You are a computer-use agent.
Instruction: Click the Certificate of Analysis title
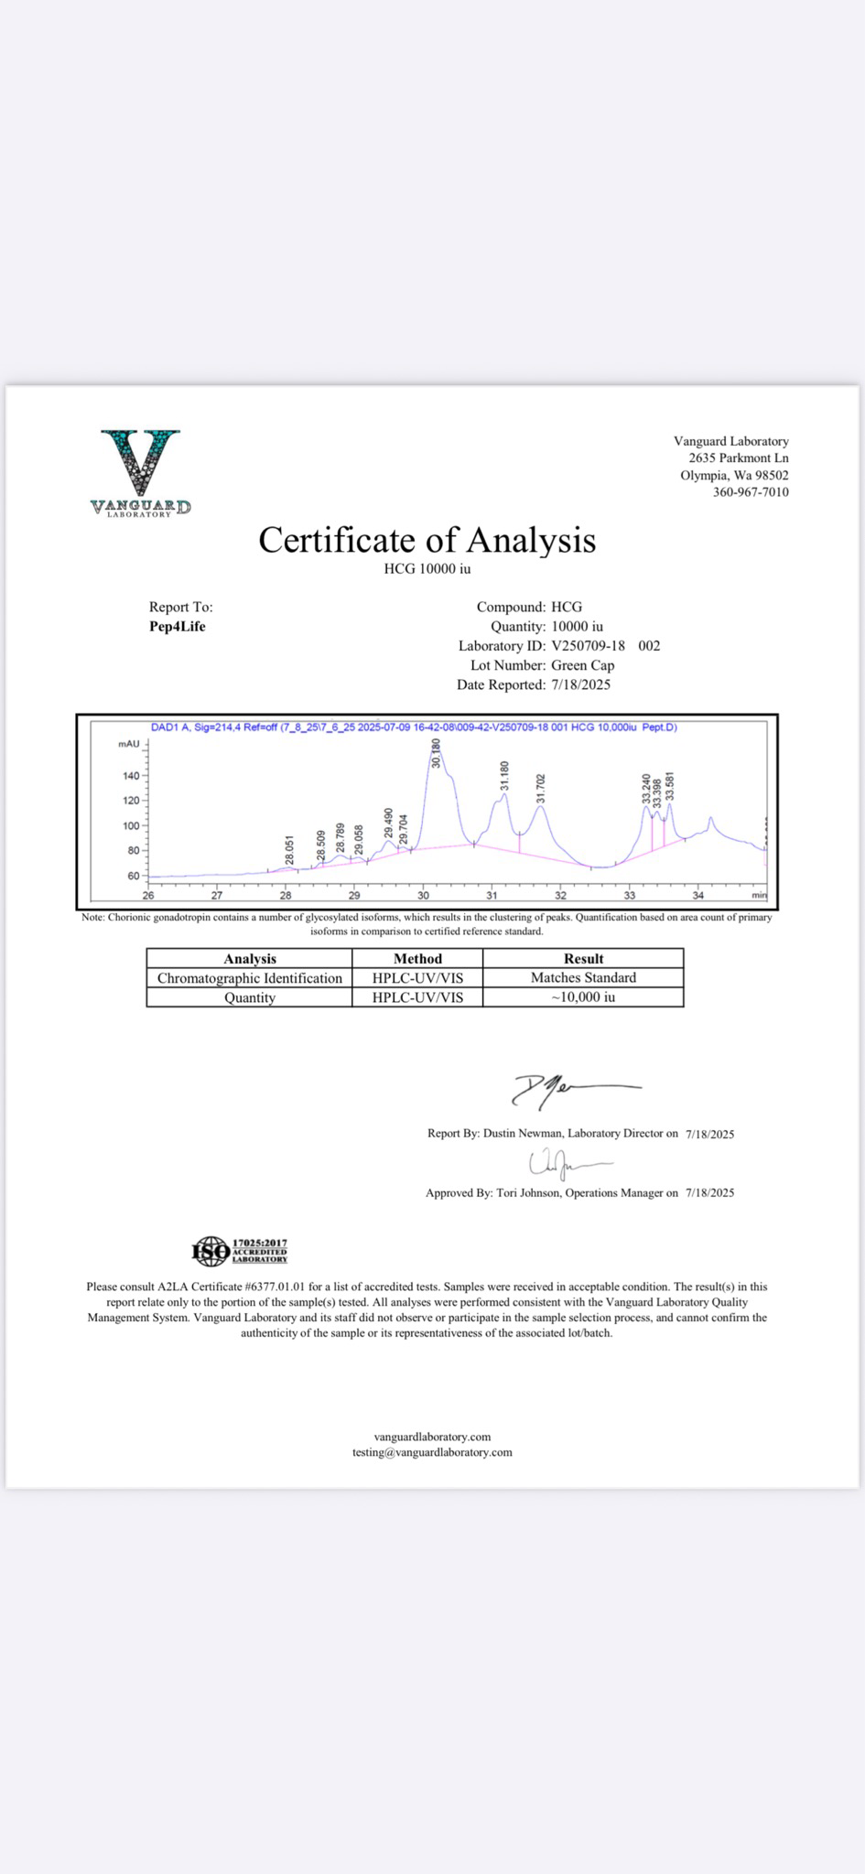[427, 540]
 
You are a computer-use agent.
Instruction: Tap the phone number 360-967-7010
[751, 492]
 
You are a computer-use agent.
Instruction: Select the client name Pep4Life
[178, 627]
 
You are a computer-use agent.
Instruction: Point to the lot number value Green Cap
[582, 665]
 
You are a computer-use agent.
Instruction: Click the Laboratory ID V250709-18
[588, 646]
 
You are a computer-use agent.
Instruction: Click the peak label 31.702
[540, 788]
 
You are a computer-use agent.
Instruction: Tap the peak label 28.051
[290, 849]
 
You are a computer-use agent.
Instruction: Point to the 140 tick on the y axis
[132, 776]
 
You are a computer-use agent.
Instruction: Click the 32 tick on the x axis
[560, 895]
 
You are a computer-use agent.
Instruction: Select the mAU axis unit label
[129, 744]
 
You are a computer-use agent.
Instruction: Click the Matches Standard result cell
[583, 977]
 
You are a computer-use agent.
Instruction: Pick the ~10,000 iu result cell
[583, 997]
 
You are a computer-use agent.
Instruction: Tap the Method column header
[417, 958]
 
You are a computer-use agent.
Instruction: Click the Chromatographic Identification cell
[250, 978]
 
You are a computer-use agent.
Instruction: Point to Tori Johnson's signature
[568, 1163]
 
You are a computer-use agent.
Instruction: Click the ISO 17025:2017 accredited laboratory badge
[240, 1250]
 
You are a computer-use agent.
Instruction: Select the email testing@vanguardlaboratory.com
[432, 1452]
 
